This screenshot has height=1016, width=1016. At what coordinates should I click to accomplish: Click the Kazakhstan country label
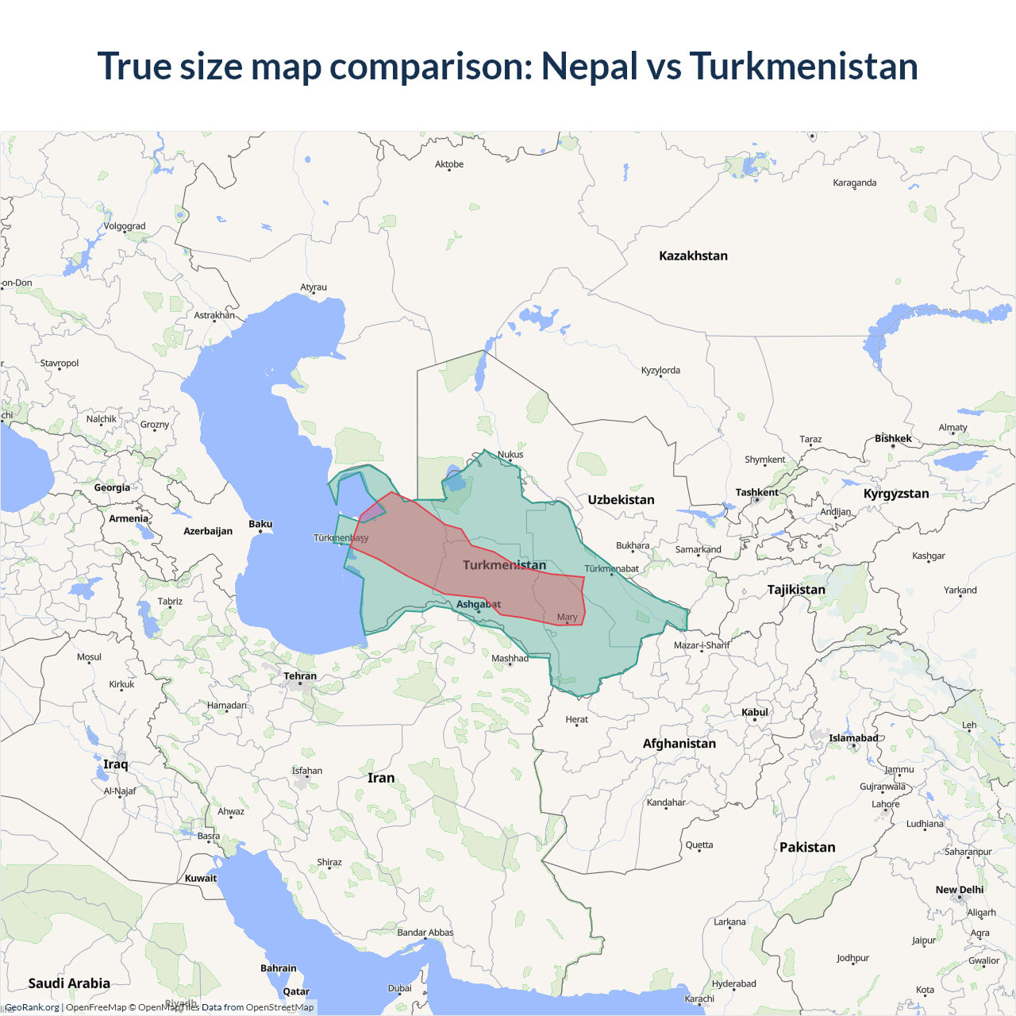coord(693,256)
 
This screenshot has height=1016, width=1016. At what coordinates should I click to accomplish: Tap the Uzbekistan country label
coord(621,500)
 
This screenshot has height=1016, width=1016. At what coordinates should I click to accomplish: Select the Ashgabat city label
coord(478,604)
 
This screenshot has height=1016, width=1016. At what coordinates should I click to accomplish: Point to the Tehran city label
coord(300,676)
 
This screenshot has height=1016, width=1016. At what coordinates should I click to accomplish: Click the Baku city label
coord(260,524)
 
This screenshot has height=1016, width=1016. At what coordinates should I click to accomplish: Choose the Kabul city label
coord(755,712)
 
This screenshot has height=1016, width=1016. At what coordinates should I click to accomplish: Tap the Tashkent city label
coord(756,492)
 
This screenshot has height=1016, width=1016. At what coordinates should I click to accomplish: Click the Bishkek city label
coord(893,438)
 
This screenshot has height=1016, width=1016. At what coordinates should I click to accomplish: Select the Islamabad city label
coord(853,738)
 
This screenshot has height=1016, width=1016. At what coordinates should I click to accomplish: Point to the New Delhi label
coord(959,890)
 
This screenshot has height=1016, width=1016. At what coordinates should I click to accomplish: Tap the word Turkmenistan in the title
coord(803,66)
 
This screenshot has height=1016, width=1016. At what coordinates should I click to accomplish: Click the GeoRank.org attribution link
coord(32,1007)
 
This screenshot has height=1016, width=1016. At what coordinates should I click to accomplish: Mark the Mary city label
coord(567,617)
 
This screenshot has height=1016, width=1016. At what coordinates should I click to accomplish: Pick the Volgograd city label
coord(125,226)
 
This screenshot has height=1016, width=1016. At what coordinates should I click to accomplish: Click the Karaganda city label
coord(854,183)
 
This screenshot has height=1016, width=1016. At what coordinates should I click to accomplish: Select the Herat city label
coord(576,720)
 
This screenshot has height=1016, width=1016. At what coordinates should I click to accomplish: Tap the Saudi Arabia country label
coord(69,983)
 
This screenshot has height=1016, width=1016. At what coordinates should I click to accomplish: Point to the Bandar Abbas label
coord(425,933)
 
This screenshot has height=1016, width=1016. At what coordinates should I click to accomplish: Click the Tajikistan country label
coord(796,590)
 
